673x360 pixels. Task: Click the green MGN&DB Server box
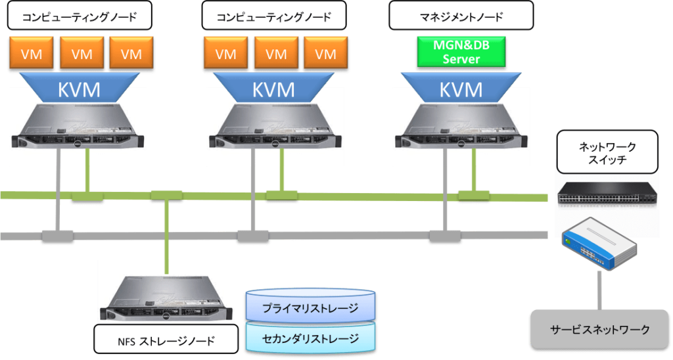tap(461, 52)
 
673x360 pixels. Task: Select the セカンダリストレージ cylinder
tap(310, 338)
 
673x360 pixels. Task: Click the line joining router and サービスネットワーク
tap(599, 289)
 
